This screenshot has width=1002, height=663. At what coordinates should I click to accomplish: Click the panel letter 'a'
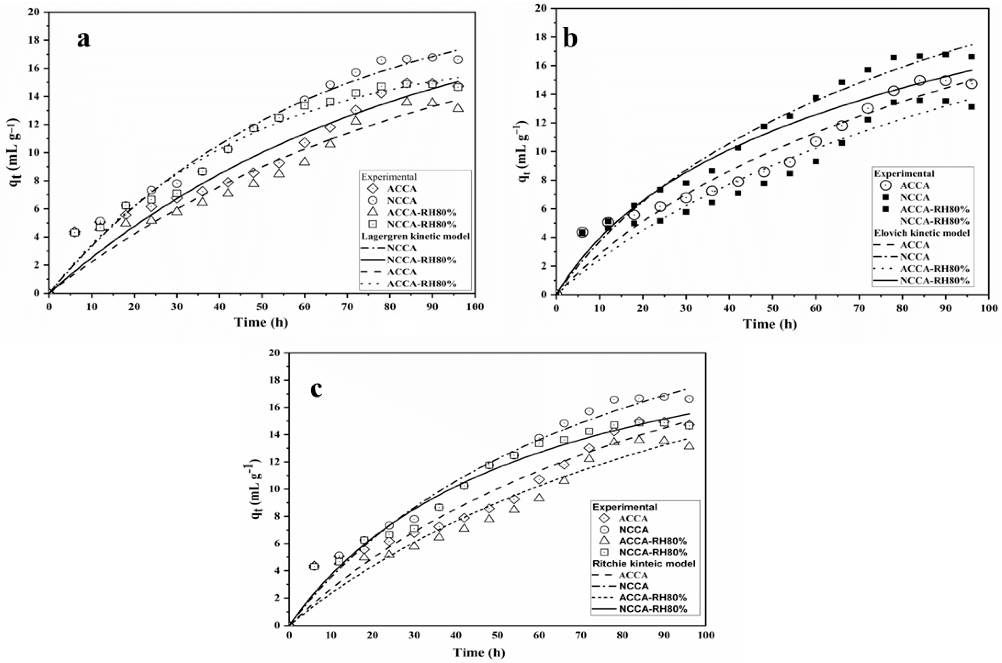pos(84,40)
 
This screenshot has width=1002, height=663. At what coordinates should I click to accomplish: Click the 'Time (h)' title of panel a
pos(261,323)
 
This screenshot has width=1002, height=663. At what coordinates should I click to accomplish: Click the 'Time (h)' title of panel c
pos(479,653)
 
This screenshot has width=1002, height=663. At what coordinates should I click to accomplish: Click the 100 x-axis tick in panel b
pos(989,309)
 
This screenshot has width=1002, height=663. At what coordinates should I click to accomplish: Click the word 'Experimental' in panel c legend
pos(624,507)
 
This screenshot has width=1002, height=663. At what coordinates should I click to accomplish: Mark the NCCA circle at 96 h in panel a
pos(458,60)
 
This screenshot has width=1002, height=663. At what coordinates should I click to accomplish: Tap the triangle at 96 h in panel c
pos(689,446)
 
